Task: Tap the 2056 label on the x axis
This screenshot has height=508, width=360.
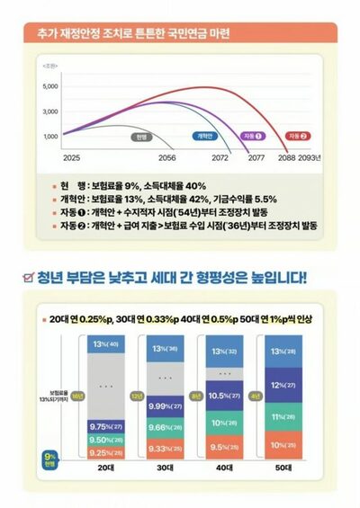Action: pyautogui.click(x=166, y=156)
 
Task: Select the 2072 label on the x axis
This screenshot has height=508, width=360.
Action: pyautogui.click(x=220, y=156)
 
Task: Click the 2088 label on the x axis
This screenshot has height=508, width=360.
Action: pyautogui.click(x=288, y=156)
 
